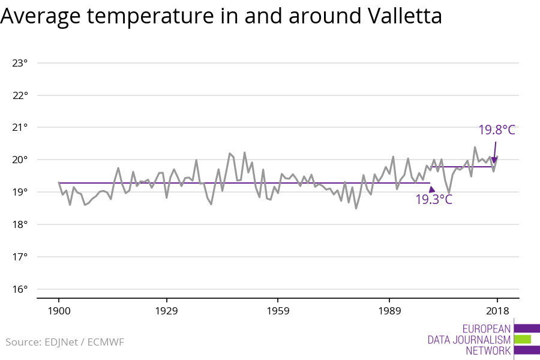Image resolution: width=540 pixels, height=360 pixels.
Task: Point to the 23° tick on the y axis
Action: (20, 63)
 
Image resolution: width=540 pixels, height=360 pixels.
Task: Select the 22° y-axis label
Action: (20, 95)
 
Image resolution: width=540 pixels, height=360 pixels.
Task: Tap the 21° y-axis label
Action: (20, 128)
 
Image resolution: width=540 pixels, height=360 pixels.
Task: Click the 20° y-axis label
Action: (20, 160)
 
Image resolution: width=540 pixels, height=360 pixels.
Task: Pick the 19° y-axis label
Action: (20, 193)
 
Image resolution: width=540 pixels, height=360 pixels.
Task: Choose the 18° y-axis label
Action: (20, 225)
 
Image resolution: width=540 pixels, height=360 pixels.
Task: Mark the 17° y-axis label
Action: (20, 257)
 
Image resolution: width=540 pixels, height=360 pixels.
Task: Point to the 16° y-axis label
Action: (20, 290)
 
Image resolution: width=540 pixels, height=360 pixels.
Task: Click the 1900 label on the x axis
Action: (59, 311)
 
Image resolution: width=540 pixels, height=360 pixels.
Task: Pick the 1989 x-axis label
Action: (389, 311)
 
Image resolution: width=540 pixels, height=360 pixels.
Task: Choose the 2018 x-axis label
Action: (497, 311)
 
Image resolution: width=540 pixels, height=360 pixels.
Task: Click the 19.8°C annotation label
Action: (497, 130)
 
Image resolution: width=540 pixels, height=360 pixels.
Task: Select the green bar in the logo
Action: (522, 340)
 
